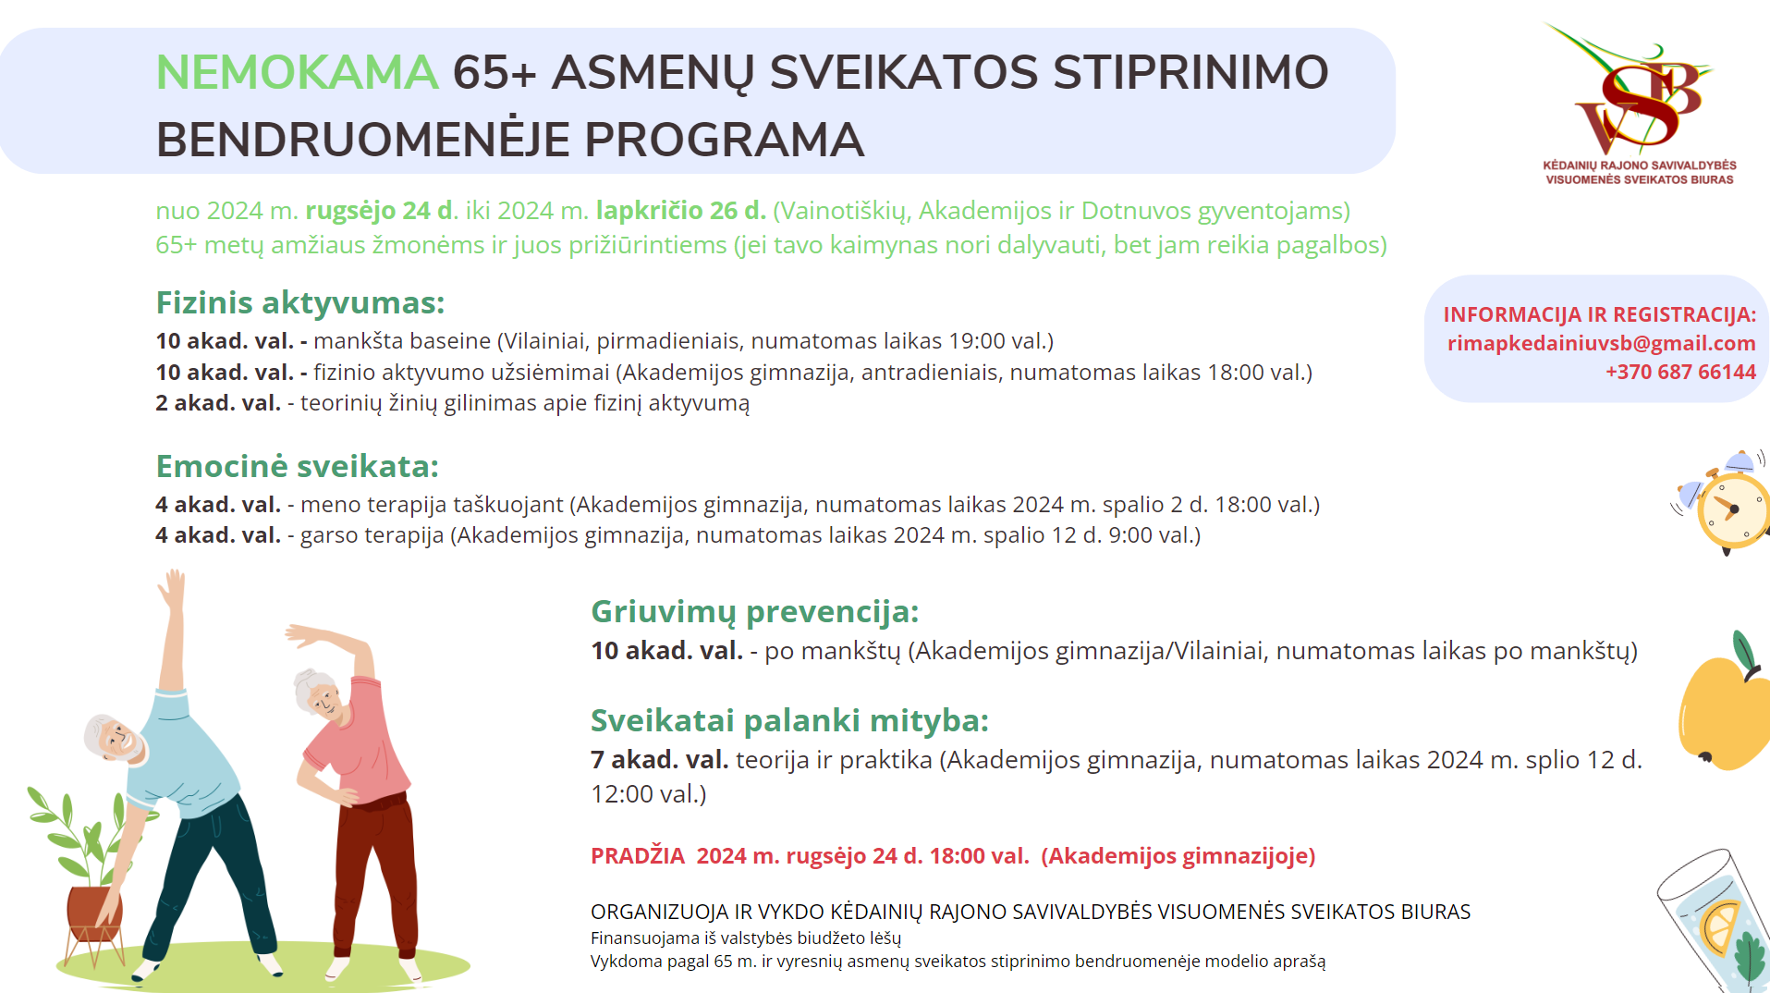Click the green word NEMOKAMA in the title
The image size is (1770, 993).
pos(297,72)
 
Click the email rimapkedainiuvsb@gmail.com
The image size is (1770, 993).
pos(1601,343)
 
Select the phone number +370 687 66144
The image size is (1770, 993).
pos(1680,372)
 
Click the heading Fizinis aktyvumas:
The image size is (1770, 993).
pos(300,302)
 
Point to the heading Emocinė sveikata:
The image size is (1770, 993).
pos(297,466)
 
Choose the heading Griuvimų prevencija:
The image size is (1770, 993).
pos(754,612)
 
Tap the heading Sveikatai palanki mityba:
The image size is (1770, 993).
pos(789,720)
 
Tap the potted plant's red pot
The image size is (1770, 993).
pos(93,911)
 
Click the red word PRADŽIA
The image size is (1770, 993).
pos(638,856)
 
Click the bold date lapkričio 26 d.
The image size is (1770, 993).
pos(680,211)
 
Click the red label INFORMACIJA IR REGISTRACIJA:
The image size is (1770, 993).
pos(1600,314)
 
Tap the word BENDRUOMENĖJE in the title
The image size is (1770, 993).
pos(362,140)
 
